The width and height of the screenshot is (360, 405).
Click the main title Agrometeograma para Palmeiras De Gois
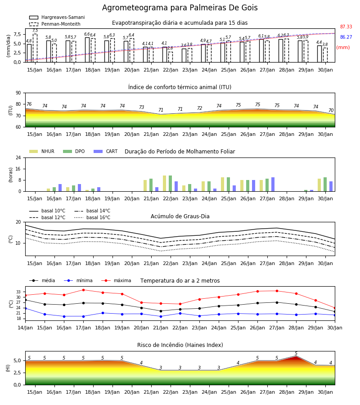click(180, 8)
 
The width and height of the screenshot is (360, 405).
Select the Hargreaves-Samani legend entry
click(57, 17)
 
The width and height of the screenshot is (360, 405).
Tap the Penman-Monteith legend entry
click(55, 24)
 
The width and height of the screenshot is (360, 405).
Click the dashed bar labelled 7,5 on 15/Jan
click(35, 48)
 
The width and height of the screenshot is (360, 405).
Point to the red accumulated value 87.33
click(346, 27)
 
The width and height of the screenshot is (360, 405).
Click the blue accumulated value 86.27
click(346, 37)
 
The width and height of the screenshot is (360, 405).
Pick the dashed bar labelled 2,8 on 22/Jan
click(171, 57)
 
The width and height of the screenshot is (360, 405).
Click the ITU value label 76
click(29, 104)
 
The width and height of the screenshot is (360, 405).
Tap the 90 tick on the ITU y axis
click(18, 93)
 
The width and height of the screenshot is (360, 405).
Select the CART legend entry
click(106, 151)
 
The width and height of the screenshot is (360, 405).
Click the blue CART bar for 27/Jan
click(273, 184)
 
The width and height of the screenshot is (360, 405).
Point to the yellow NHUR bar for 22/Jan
click(165, 184)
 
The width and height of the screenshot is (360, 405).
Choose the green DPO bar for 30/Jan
click(325, 184)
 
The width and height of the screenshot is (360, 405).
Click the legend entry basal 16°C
click(92, 217)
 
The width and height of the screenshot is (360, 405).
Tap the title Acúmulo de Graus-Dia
click(180, 216)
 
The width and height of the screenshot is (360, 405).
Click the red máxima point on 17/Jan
click(83, 290)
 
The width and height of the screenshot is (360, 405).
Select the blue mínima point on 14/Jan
click(26, 308)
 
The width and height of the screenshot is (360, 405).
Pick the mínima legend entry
click(78, 280)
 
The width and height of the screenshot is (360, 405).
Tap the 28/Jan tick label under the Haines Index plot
click(287, 392)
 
